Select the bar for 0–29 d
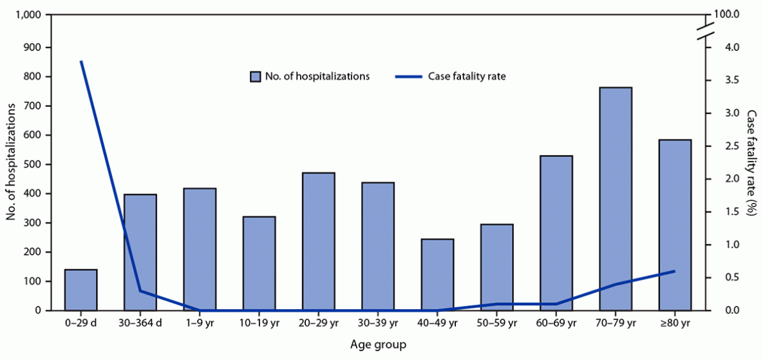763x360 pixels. pos(81,290)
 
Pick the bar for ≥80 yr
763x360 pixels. pos(675,225)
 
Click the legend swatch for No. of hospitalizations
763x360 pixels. pos(255,77)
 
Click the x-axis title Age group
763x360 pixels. pos(378,345)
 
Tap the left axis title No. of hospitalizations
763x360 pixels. pos(11,162)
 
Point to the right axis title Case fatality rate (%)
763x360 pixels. pos(751,162)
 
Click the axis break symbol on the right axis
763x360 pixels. pos(706,31)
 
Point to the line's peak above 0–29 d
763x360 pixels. pos(81,61)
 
